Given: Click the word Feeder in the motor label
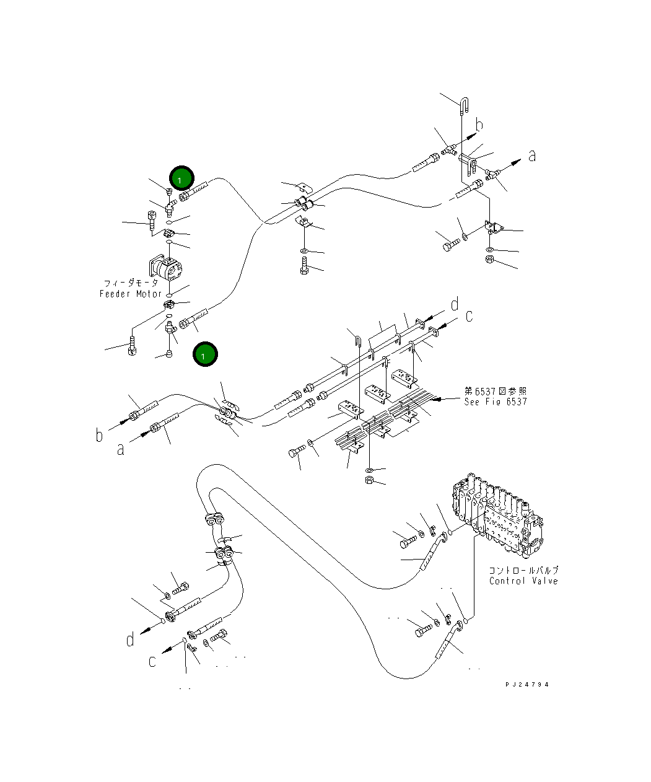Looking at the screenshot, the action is pos(115,294).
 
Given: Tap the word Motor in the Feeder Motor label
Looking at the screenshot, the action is pos(149,294).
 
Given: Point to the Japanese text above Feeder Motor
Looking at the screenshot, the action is pos(131,283).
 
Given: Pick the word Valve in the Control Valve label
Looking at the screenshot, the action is pos(544,581).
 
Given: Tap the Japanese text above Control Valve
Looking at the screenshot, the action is pos(524,570).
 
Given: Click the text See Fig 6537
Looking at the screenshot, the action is pos(496,402).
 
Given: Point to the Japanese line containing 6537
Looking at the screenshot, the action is pos(496,392).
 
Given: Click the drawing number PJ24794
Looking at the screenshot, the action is pos(526,685).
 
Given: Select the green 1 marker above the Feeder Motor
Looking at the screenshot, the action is pos(181,178).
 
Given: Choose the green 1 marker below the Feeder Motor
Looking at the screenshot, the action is pos(205,354).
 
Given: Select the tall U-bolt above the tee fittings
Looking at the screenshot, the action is pos(464,105).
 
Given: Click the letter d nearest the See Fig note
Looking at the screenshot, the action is pos(455,304).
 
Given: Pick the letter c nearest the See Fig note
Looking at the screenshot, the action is pos(469,316).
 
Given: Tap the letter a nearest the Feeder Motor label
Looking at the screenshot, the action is pos(121,449).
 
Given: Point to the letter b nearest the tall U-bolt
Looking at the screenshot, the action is pos(479,125).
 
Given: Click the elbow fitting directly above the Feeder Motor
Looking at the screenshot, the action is pos(171,207).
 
